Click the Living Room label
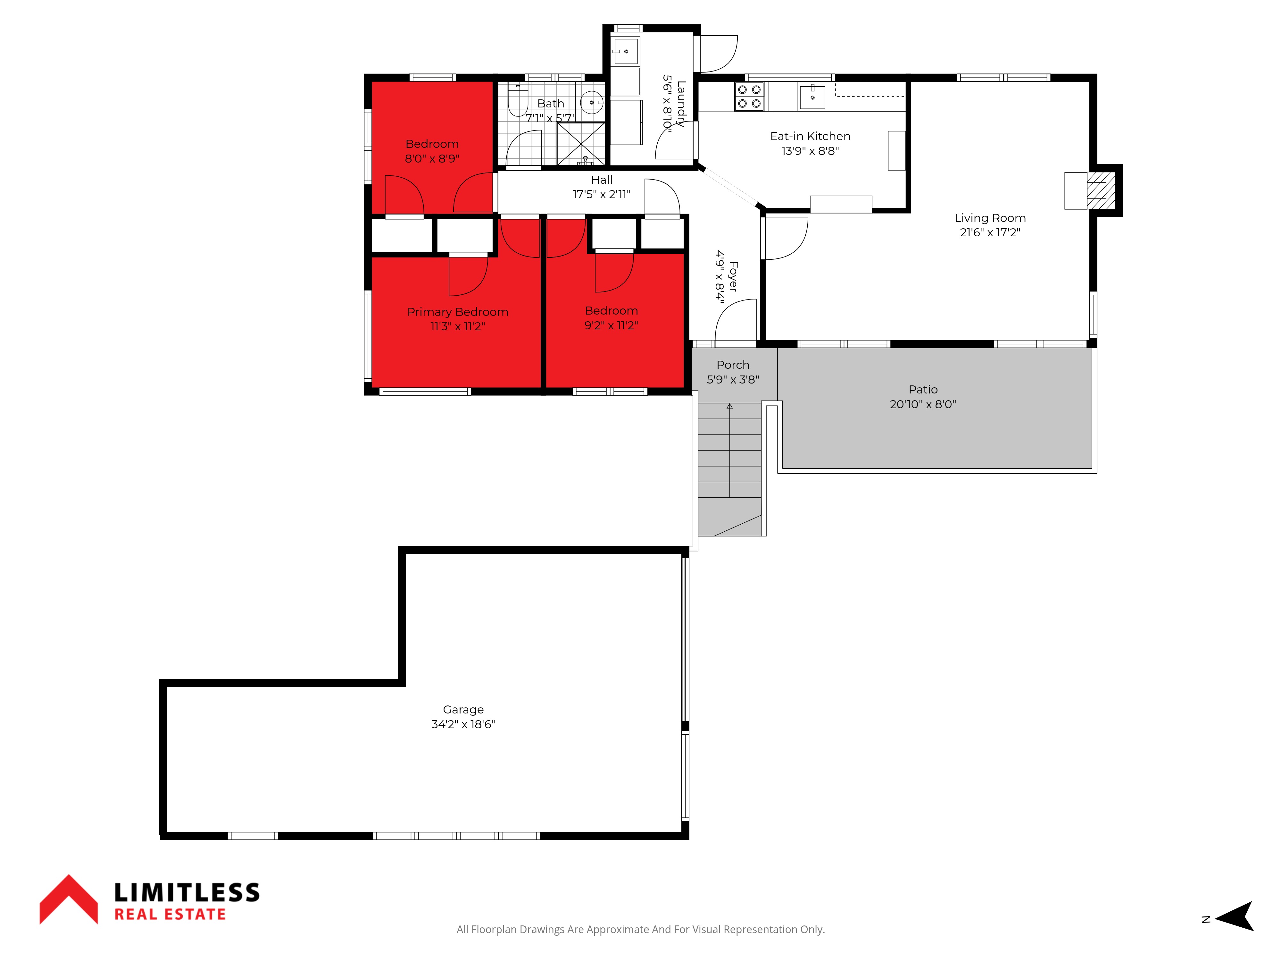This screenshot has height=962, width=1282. point(990,218)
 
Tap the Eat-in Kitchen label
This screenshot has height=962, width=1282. point(810,136)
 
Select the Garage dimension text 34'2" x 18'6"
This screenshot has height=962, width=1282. point(463,724)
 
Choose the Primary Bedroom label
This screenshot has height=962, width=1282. point(458,312)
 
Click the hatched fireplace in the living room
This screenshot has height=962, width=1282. point(1100,191)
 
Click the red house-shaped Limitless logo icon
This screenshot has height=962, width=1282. point(68,899)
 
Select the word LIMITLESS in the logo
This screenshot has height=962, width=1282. point(187,892)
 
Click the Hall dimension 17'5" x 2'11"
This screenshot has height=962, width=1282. point(602,194)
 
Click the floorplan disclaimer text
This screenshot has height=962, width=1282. point(640,930)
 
